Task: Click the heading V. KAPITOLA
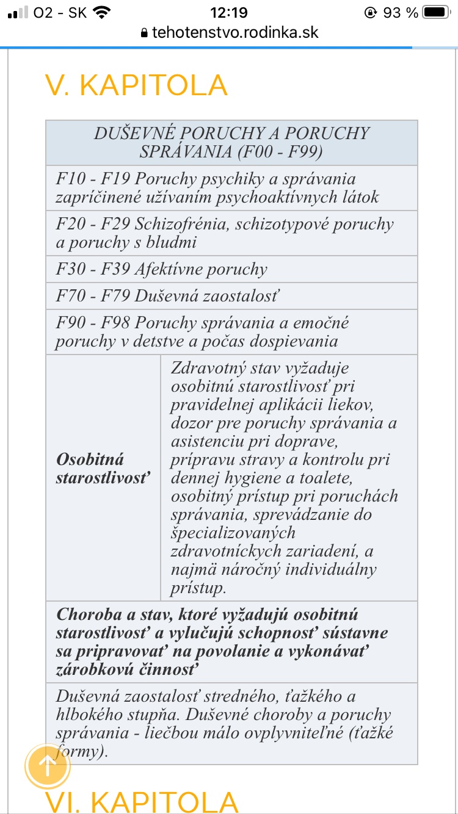pyautogui.click(x=137, y=85)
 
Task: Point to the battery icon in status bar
pyautogui.click(x=436, y=12)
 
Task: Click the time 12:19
pyautogui.click(x=228, y=12)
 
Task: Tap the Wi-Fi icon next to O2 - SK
pyautogui.click(x=102, y=12)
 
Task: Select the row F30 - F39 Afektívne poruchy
pyautogui.click(x=162, y=270)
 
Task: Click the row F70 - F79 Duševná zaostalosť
pyautogui.click(x=167, y=296)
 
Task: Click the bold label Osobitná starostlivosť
pyautogui.click(x=103, y=468)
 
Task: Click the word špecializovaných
pyautogui.click(x=233, y=532)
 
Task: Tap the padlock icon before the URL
pyautogui.click(x=144, y=32)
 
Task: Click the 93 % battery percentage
pyautogui.click(x=401, y=12)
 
